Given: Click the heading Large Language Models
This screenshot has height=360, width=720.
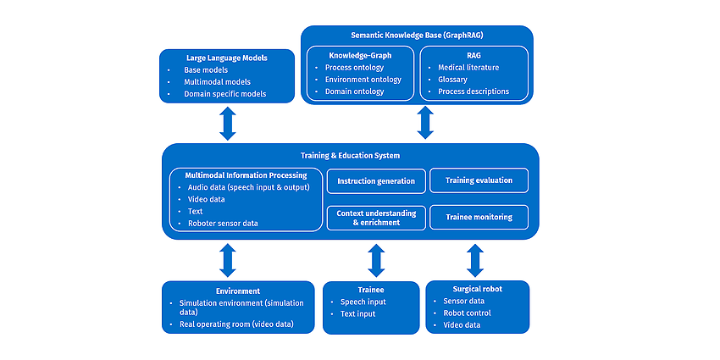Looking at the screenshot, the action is [x=227, y=58].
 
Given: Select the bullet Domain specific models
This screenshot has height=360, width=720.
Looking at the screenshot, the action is [x=225, y=94].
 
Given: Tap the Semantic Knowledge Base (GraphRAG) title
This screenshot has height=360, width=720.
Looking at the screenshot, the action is [x=417, y=36].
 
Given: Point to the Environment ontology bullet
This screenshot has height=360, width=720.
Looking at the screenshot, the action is [x=363, y=80].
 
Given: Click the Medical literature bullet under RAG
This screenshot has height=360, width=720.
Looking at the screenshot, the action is [x=468, y=68].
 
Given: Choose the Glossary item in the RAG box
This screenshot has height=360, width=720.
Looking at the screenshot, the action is [x=452, y=80].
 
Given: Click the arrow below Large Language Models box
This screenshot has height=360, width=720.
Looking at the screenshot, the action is [x=227, y=124].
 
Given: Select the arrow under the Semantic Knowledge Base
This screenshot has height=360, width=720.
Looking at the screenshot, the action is [x=425, y=123].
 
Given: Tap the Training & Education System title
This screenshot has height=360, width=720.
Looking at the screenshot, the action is [x=351, y=156].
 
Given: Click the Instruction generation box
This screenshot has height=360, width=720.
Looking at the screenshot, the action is [x=376, y=181].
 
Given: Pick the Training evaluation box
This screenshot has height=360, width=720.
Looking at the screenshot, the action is [x=479, y=180].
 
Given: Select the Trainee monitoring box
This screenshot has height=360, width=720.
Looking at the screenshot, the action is [x=479, y=217].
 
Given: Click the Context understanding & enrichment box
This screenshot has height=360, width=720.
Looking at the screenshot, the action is [x=376, y=218].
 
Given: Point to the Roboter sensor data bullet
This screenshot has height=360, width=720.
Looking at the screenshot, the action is [x=223, y=224].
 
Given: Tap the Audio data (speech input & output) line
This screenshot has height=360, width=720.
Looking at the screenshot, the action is [x=249, y=187].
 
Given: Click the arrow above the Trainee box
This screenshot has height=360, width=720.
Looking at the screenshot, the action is [x=376, y=260].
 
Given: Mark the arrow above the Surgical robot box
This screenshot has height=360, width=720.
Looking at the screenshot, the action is [x=475, y=260].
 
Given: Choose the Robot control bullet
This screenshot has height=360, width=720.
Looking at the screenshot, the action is [x=467, y=313].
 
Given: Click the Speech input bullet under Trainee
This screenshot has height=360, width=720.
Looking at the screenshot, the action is [x=363, y=302].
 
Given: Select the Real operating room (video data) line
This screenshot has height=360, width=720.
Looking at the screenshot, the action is [x=236, y=324].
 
